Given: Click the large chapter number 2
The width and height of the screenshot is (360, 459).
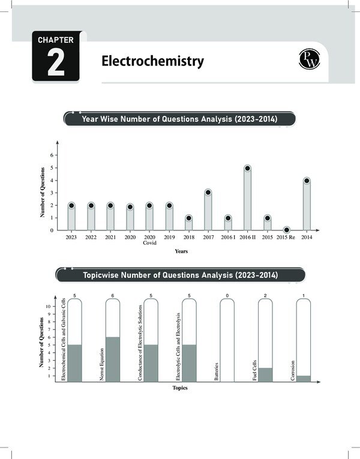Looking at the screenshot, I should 56,64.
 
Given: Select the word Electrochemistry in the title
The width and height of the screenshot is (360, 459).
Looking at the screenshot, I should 152,61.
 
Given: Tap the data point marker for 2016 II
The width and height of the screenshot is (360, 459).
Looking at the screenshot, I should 247,169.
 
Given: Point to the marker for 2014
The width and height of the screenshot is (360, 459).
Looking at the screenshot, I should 307,181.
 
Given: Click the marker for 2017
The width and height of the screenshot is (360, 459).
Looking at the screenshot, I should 208,193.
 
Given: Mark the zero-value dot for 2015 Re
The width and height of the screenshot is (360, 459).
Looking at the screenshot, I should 287,230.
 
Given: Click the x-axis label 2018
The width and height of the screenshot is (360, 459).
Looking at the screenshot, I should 188,238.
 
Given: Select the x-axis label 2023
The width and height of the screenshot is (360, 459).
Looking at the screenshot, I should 71,238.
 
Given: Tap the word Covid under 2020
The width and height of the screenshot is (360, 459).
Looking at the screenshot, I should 149,244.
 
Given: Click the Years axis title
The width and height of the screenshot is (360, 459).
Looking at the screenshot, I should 181,251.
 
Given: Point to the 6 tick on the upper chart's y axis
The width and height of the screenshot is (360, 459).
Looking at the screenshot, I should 52,155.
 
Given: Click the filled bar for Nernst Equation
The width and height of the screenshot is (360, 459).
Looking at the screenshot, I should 113,359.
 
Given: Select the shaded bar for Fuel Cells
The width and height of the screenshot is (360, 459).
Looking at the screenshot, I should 266,374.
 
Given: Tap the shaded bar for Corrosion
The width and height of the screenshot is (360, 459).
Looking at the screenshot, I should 304,378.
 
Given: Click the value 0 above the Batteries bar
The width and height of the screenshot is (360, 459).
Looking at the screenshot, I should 227,295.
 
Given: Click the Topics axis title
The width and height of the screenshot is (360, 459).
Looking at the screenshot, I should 180,388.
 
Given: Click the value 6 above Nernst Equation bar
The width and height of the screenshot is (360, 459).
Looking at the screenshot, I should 113,295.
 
